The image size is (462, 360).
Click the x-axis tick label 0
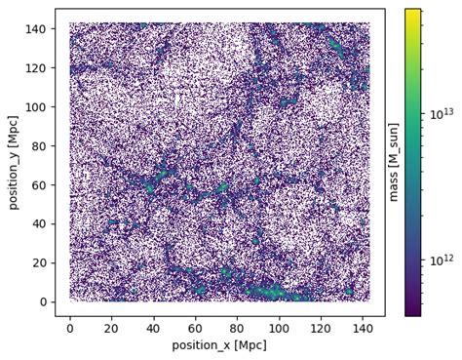69,329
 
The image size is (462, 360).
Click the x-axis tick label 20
111,329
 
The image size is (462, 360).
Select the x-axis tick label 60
196,329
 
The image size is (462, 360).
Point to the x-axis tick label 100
280,329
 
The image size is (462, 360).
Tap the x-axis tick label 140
364,329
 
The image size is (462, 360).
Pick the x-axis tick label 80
238,329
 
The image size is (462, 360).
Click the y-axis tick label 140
36,29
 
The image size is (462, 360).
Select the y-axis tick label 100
36,107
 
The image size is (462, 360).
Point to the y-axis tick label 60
39,185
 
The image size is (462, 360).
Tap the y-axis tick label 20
39,263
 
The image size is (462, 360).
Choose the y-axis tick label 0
43,302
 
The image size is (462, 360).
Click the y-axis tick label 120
36,68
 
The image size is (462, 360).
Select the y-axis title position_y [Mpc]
13,162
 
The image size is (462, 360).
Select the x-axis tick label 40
153,329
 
